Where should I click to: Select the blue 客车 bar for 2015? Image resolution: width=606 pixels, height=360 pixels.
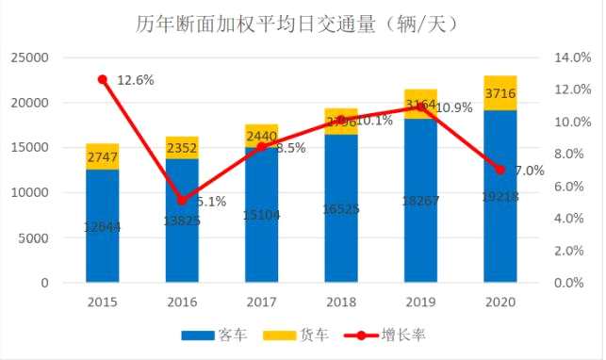(x=102, y=226)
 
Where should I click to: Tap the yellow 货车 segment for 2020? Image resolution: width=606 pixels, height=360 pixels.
(x=500, y=92)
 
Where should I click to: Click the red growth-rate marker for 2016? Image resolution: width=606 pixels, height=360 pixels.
(x=182, y=200)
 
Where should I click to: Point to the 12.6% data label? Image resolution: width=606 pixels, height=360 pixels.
(x=135, y=80)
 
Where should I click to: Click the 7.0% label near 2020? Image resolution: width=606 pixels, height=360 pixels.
(x=530, y=171)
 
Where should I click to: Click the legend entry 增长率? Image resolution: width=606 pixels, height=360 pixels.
(x=386, y=335)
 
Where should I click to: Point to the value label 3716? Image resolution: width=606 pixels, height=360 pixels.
(x=500, y=92)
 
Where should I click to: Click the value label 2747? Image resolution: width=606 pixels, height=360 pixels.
(x=102, y=157)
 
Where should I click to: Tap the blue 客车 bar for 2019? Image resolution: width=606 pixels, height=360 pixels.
(x=420, y=236)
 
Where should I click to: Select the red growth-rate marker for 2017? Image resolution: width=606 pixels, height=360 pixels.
(x=262, y=147)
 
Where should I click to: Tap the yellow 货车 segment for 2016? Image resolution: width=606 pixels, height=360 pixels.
(x=182, y=147)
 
